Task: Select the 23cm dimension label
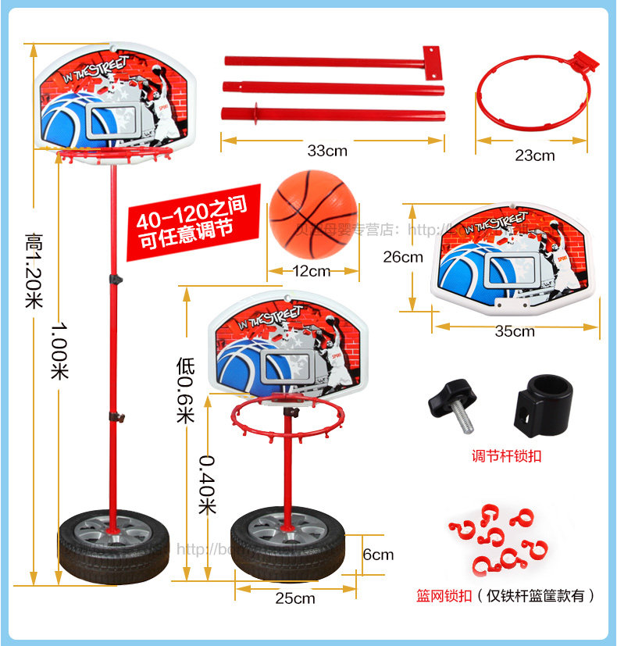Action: pyautogui.click(x=534, y=155)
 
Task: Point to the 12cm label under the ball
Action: pyautogui.click(x=312, y=271)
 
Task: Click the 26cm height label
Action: pyautogui.click(x=402, y=256)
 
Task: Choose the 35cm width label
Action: pyautogui.click(x=515, y=330)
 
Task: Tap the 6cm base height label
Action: pyautogui.click(x=378, y=555)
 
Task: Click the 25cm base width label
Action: pyautogui.click(x=295, y=598)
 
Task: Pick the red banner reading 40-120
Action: pyautogui.click(x=188, y=225)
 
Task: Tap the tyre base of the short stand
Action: pyautogui.click(x=287, y=544)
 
